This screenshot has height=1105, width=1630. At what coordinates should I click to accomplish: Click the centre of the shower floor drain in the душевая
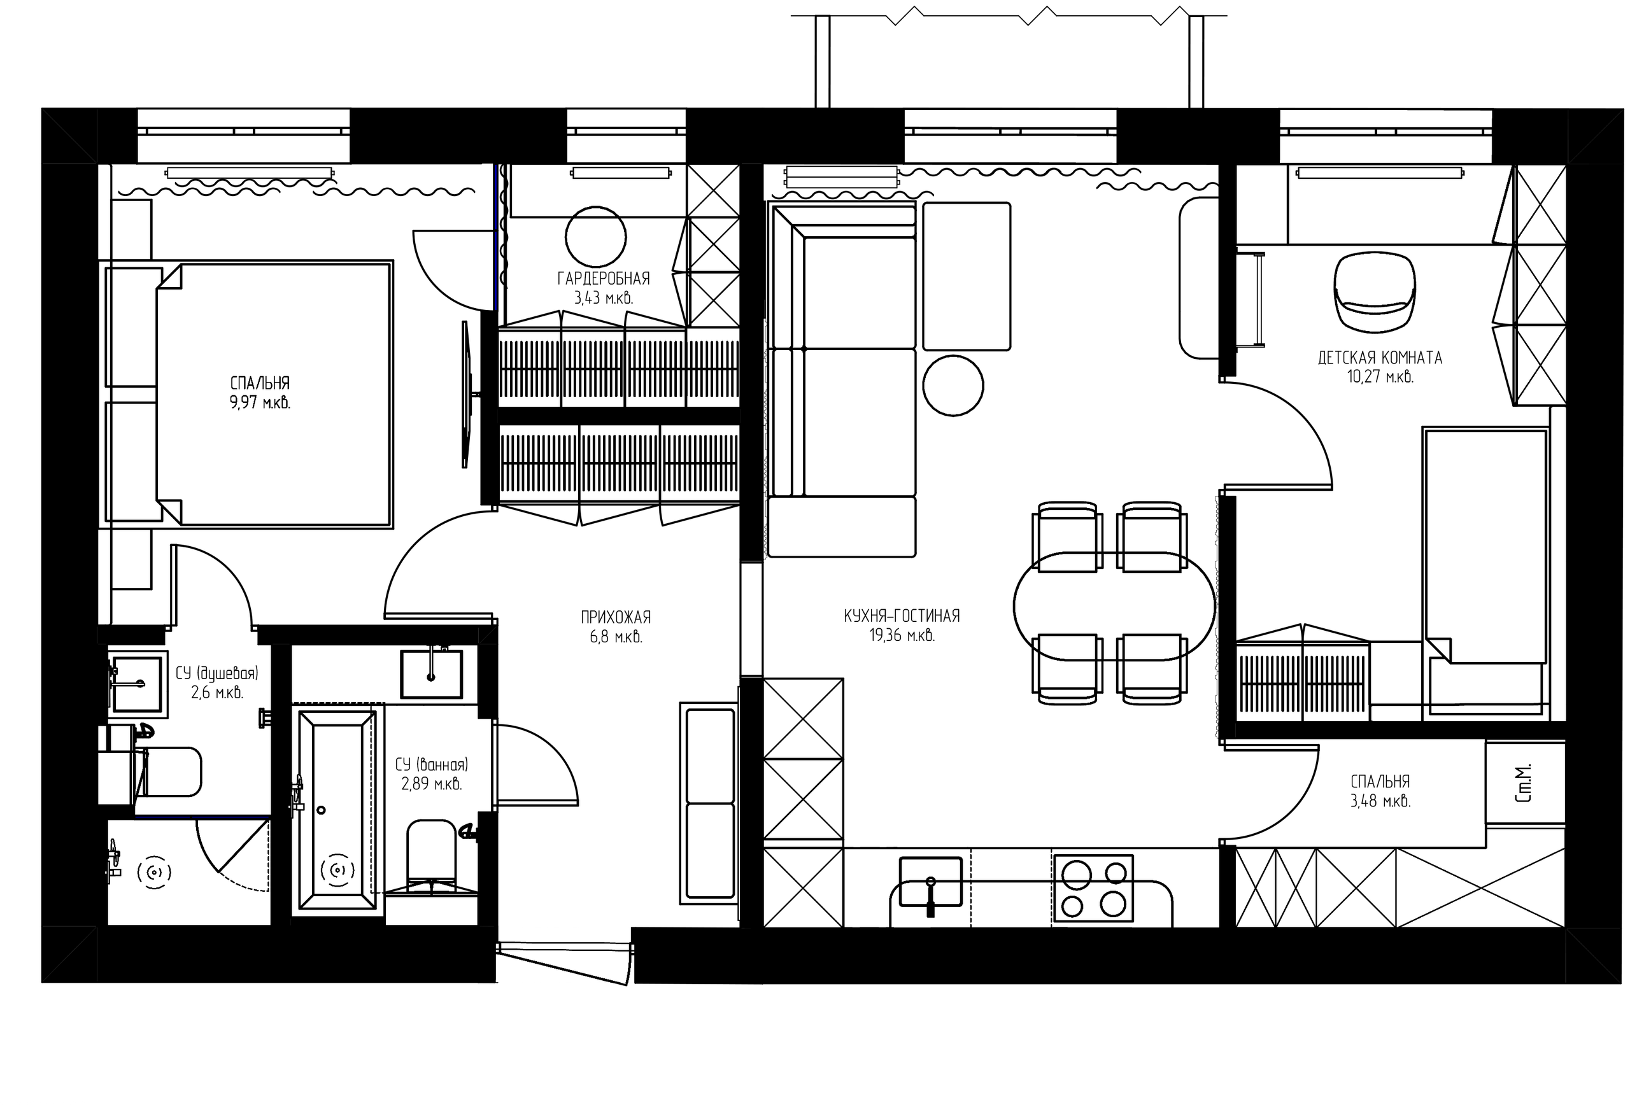[x=154, y=872]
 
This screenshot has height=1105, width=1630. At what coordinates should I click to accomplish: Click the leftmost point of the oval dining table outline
[x=1014, y=606]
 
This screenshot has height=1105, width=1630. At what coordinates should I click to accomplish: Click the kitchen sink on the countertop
[x=930, y=881]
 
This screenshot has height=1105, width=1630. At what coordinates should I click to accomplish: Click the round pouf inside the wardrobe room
[x=595, y=236]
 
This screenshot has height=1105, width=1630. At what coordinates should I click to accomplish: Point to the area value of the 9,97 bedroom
[x=260, y=403]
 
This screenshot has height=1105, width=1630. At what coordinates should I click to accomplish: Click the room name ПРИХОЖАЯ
[x=616, y=617]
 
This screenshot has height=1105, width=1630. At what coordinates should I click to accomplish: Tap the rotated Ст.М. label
[x=1524, y=783]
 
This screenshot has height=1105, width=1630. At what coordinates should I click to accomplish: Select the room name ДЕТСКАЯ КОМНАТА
[x=1380, y=358]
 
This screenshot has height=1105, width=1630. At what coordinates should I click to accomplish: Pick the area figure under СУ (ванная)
[x=431, y=784]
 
